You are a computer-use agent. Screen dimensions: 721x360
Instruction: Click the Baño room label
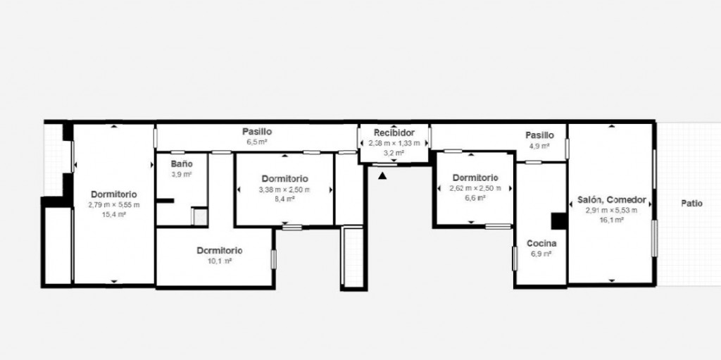click(x=182, y=164)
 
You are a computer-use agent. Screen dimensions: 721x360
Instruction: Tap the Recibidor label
click(x=394, y=133)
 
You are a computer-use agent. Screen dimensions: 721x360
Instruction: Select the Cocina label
click(x=541, y=244)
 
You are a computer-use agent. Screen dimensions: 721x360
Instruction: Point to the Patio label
click(x=691, y=204)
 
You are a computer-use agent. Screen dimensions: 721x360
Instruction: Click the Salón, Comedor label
click(x=612, y=200)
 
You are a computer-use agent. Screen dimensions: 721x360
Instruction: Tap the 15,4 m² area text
click(x=114, y=214)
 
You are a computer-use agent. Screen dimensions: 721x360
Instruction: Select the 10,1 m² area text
click(x=220, y=261)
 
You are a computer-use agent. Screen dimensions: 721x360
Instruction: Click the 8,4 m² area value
click(x=285, y=199)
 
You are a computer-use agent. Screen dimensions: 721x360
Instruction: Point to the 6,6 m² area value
click(x=475, y=197)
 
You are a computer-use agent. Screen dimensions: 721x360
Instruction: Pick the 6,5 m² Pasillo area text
click(x=257, y=142)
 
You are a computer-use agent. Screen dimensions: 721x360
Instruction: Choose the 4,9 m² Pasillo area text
click(x=539, y=145)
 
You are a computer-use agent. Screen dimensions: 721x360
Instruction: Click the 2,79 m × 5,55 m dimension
click(x=114, y=205)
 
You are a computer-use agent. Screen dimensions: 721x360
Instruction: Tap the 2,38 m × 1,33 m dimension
click(x=394, y=143)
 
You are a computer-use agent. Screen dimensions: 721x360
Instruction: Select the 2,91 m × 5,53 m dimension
click(x=612, y=211)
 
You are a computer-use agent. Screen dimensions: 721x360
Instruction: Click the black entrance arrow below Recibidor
click(x=382, y=175)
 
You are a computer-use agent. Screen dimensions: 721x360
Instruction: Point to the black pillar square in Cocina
click(x=558, y=221)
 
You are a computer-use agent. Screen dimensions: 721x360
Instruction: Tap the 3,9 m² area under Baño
click(x=182, y=175)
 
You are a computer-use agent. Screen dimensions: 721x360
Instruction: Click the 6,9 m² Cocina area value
click(x=541, y=254)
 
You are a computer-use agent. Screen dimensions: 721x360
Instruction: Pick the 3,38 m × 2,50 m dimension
click(x=285, y=190)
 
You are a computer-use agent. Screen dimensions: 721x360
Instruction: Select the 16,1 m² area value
click(x=612, y=220)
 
